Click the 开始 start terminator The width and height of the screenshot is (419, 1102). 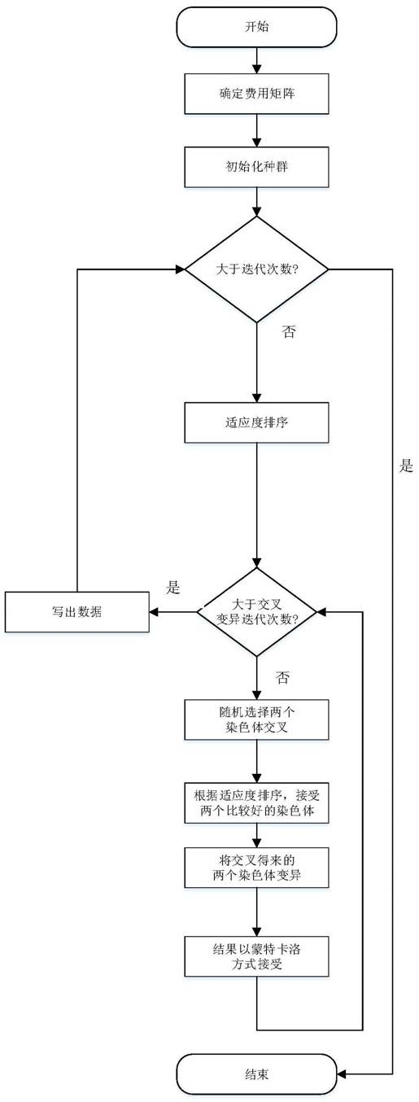coord(257,27)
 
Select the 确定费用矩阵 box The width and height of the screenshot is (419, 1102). coord(257,94)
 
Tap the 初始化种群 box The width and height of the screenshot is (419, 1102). coord(257,167)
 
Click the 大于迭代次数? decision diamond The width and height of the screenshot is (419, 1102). coord(257,269)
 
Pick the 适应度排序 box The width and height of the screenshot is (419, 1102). coord(257,422)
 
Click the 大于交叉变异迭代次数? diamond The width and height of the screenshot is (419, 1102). coord(257,612)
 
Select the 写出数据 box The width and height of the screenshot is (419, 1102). coord(77,612)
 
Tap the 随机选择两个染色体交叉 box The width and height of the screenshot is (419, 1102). coord(257,719)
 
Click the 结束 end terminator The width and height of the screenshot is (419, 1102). coord(257,1074)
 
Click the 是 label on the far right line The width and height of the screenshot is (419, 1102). coord(406,466)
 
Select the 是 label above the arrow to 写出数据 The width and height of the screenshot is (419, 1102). coord(173,587)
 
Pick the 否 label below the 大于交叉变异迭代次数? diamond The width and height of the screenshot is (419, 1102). coord(282,678)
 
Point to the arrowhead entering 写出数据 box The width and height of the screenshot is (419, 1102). coord(155,612)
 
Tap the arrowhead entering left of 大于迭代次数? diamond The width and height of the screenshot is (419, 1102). coord(180,269)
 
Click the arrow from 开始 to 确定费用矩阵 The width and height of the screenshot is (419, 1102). coord(257,60)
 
